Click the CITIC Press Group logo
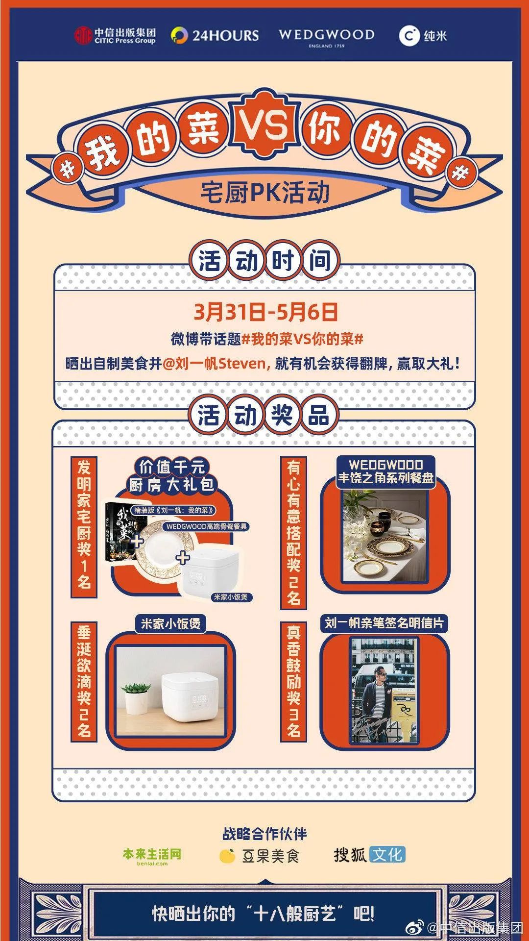115,35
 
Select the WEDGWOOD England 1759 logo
326,37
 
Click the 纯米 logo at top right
423,35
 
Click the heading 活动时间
264,260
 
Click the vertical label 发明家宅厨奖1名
84,527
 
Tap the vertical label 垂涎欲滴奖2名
84,682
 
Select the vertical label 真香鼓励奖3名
293,682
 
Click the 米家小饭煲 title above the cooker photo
170,624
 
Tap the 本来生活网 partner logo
151,855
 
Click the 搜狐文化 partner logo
369,855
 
